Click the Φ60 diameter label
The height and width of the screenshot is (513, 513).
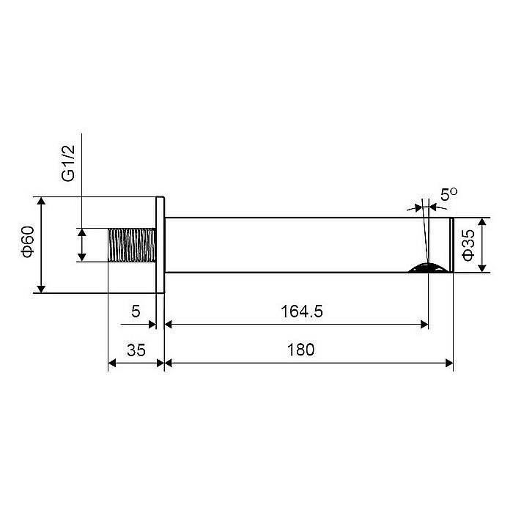(x=28, y=241)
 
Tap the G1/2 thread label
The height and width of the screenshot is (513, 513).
(x=68, y=163)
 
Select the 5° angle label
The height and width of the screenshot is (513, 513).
(x=449, y=194)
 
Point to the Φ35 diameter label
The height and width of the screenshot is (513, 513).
(x=469, y=245)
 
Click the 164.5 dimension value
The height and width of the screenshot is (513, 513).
(x=302, y=311)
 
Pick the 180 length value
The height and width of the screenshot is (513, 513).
(x=300, y=350)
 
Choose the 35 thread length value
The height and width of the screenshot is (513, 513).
(x=136, y=350)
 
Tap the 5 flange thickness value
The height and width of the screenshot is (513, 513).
(x=136, y=311)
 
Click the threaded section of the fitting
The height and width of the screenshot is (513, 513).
(x=131, y=245)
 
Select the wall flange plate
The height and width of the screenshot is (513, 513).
(x=160, y=245)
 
